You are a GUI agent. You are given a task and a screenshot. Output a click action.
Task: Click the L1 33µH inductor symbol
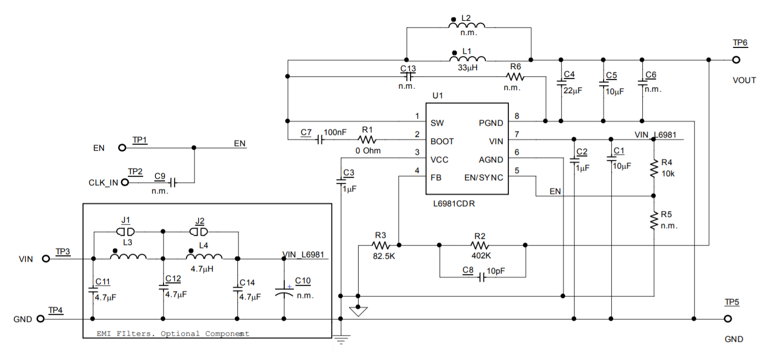coord(467,59)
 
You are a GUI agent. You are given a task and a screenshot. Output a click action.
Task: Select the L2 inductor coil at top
coord(467,26)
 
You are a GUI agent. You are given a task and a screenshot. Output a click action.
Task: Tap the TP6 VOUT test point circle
coord(735,60)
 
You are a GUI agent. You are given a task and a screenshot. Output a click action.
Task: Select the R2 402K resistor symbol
coord(479,245)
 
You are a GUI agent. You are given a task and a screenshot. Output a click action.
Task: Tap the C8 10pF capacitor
coord(481,278)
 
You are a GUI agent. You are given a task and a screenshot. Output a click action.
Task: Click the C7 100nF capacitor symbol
coord(320,140)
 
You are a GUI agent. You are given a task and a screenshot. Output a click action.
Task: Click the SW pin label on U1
coord(437,123)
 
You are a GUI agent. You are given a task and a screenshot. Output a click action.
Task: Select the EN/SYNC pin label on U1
coord(483,178)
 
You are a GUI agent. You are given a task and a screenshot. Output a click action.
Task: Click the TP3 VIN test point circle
coord(46,259)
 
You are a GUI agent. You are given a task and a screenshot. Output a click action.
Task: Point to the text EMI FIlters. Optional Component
coord(173,334)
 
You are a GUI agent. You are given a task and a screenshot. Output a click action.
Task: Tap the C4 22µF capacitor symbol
coord(561,82)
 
